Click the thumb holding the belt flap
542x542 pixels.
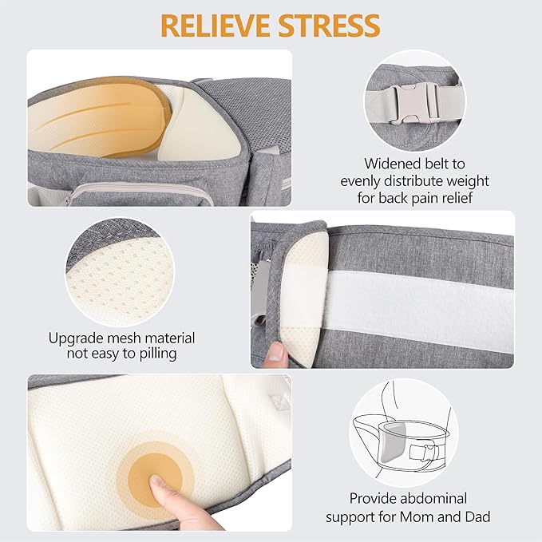[x=273, y=351]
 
